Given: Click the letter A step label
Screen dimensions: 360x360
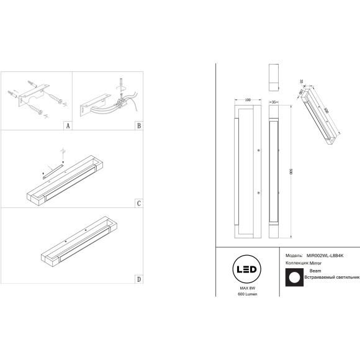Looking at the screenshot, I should (68, 125).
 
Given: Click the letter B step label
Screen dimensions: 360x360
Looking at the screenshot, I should (138, 125).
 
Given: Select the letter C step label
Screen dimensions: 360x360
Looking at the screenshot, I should (138, 203).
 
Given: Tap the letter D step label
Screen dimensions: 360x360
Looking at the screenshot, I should (138, 279).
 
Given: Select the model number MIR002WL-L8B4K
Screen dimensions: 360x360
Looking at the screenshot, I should (323, 255).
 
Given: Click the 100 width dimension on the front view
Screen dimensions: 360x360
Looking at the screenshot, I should (248, 99).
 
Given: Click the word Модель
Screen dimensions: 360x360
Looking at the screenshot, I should (294, 255).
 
